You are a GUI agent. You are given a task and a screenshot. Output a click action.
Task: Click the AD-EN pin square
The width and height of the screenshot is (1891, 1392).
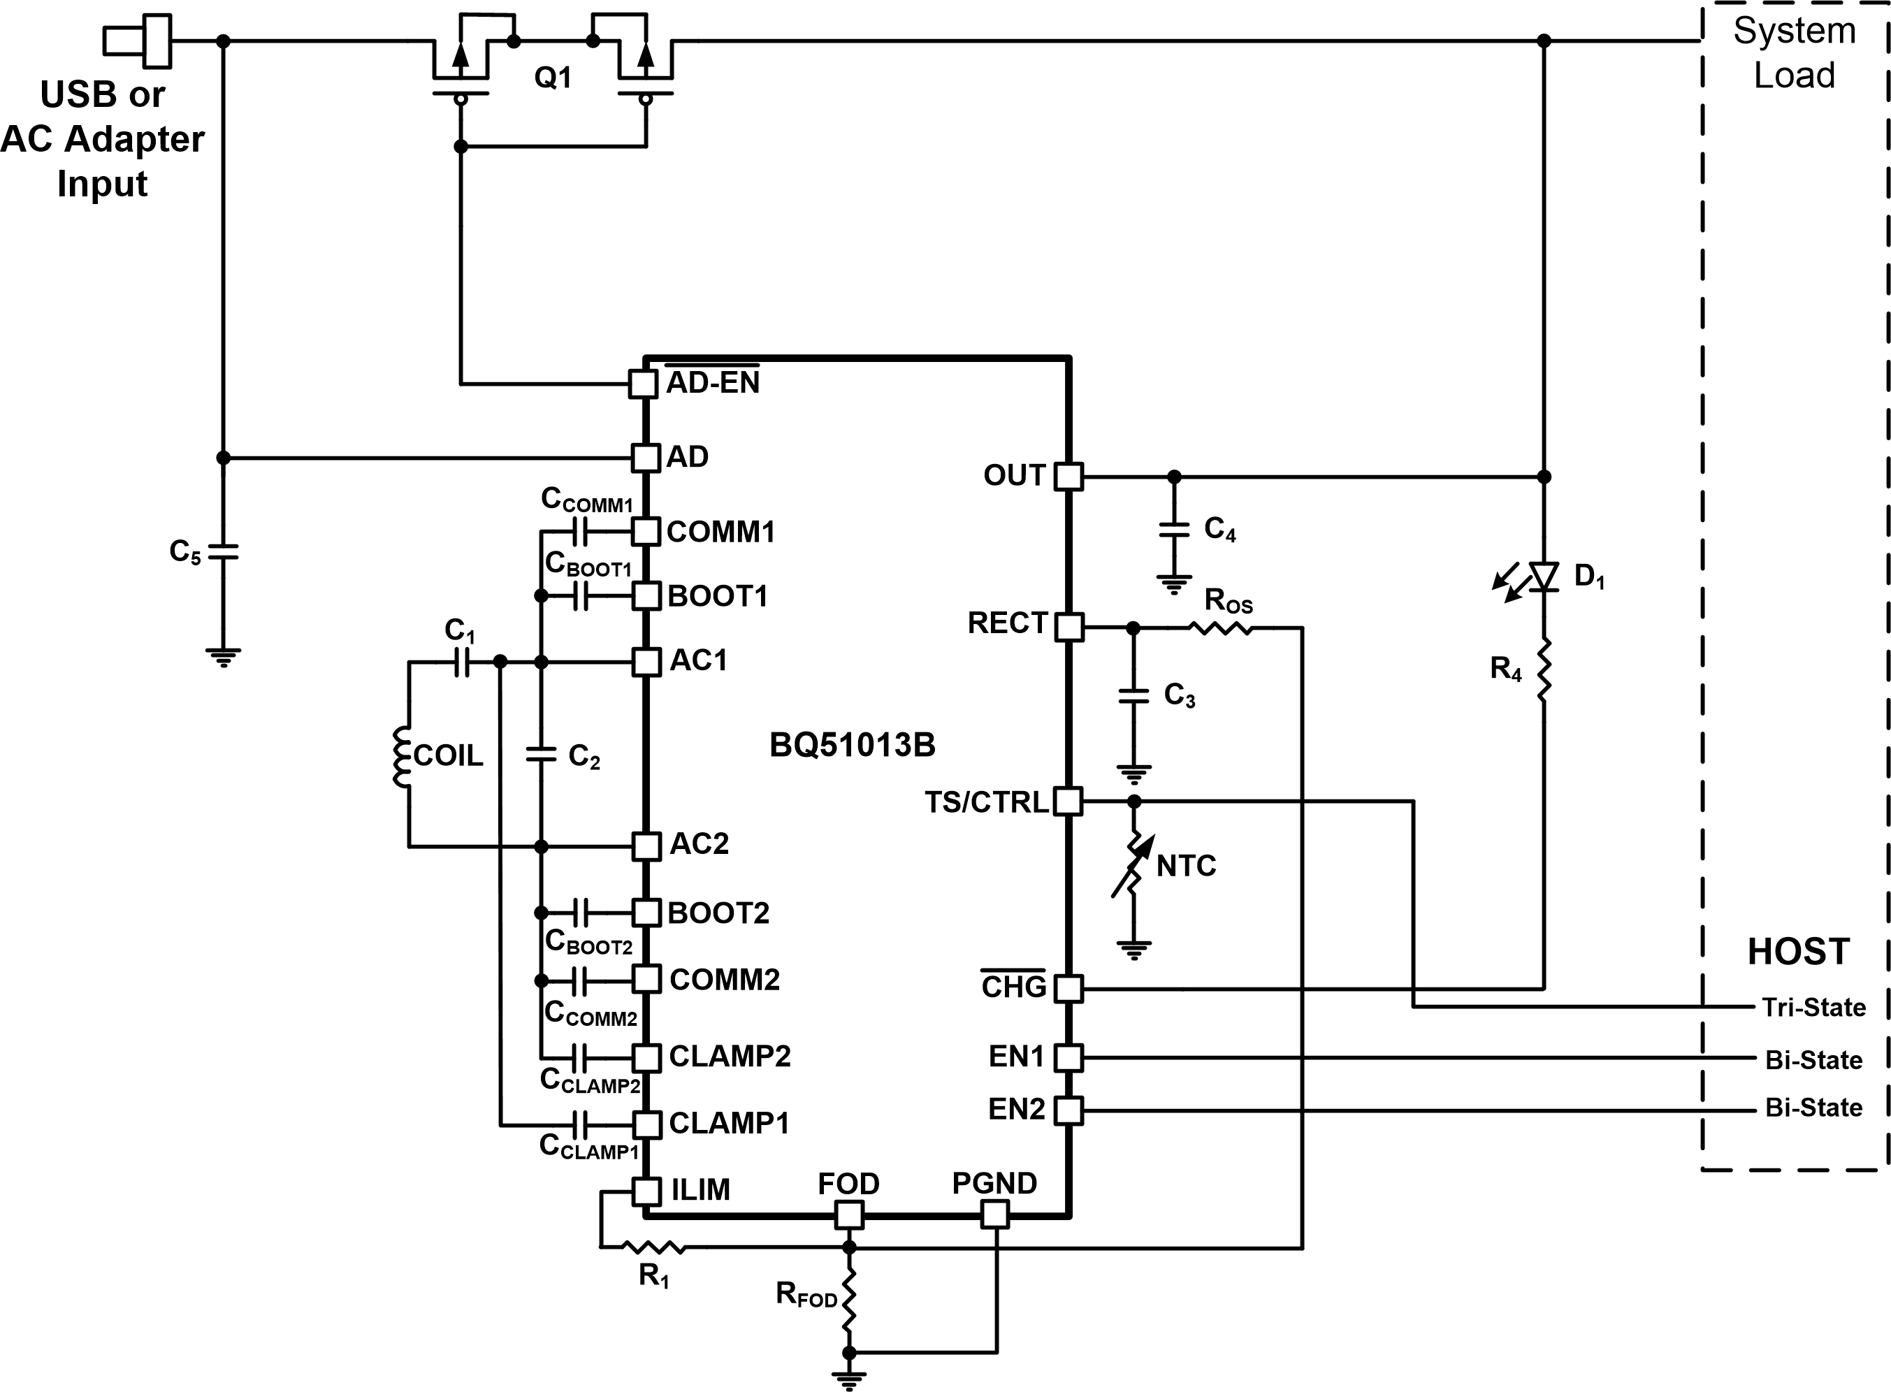tap(643, 384)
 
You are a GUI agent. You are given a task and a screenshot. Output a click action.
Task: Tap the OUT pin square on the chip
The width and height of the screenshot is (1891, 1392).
tap(1068, 476)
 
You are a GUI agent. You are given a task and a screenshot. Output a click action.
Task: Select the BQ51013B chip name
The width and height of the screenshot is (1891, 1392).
tap(852, 745)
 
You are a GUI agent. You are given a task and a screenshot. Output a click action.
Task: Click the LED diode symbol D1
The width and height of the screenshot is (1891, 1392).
tap(1543, 577)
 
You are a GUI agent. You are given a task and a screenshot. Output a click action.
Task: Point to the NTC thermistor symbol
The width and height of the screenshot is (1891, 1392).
tap(1134, 865)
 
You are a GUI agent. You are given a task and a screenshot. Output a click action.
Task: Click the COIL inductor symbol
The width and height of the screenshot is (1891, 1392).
tap(402, 756)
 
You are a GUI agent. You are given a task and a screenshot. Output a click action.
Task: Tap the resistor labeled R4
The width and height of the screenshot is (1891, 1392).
tap(1544, 670)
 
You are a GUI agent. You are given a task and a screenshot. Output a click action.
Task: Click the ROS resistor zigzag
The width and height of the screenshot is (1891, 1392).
tap(1220, 627)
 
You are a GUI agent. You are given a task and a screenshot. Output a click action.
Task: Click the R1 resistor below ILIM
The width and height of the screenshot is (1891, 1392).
tap(653, 1247)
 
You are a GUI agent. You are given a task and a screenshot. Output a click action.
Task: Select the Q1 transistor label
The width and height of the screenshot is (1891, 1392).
tap(553, 78)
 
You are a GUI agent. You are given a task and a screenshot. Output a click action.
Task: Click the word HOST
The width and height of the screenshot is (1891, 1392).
tap(1798, 952)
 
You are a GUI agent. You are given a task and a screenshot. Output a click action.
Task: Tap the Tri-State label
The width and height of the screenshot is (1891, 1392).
tap(1813, 1008)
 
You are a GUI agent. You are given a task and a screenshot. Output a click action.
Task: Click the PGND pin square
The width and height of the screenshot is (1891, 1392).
tap(995, 1215)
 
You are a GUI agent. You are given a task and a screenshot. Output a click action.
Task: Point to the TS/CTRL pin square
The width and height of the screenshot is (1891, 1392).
tap(1068, 801)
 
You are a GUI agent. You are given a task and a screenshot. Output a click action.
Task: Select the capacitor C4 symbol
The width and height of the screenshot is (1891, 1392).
tap(1174, 529)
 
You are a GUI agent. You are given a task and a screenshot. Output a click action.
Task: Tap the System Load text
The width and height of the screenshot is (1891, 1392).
tap(1794, 53)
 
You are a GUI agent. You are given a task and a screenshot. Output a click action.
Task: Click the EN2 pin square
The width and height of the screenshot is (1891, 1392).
tap(1068, 1110)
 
